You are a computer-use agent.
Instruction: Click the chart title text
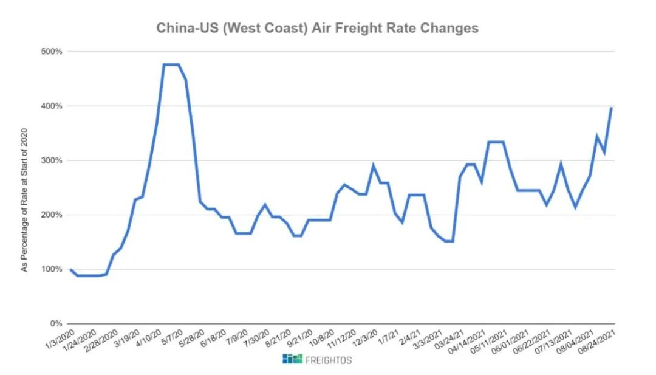coord(317,28)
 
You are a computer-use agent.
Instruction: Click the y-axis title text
coord(25,201)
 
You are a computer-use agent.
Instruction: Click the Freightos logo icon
coord(292,359)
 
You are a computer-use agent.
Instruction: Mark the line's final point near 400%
coord(611,108)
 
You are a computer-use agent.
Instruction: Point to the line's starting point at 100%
coord(70,269)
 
